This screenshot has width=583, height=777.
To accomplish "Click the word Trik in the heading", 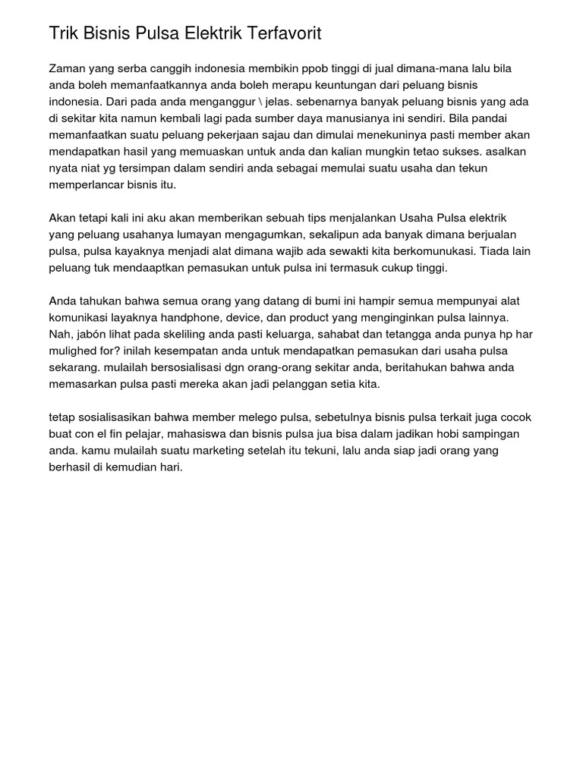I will point(65,33).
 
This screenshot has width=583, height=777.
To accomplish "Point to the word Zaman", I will point(67,68).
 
